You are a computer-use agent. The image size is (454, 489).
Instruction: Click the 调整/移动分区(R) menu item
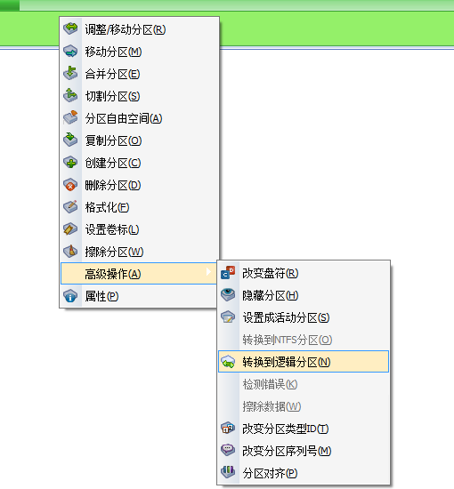pos(126,29)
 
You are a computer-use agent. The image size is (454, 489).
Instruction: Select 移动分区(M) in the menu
pos(113,52)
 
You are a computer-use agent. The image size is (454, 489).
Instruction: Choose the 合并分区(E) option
pos(112,74)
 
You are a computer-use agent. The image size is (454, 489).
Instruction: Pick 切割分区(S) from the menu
pos(112,96)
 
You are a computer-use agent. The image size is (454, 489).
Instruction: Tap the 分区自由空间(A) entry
pos(124,118)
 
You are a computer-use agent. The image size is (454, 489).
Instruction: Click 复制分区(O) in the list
pos(113,140)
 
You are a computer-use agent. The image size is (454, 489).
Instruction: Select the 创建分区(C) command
pos(113,163)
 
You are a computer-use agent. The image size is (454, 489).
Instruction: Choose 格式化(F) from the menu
pos(107,207)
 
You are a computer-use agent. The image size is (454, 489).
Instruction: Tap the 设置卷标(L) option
pos(112,229)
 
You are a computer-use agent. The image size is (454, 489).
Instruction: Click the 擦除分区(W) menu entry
pos(114,252)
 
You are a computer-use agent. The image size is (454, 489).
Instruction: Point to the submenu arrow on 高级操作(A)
pos(208,272)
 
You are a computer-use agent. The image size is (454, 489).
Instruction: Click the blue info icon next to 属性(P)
pos(70,296)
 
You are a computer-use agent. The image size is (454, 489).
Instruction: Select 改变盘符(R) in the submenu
pos(271,274)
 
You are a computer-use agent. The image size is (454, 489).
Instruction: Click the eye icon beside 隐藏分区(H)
pos(228,294)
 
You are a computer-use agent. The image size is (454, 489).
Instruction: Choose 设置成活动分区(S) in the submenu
pos(286,317)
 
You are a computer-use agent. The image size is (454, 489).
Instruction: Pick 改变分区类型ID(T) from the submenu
pos(286,429)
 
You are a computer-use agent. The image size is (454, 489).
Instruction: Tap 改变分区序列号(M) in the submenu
pos(287,451)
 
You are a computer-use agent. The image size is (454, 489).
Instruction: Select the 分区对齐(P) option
pos(270,473)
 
